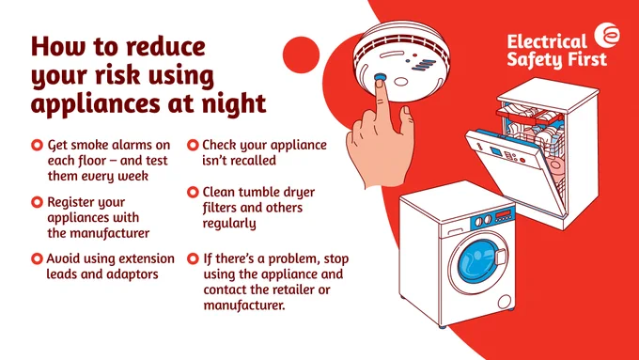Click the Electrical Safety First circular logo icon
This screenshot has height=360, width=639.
pos(607,35)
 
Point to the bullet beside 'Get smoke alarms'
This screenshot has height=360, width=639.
pos(37,145)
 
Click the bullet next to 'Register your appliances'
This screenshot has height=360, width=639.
pos(37,202)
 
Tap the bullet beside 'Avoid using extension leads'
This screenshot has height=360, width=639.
pos(37,258)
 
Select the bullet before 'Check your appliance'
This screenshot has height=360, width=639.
pos(193,145)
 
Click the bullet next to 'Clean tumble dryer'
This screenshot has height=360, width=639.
pos(193,192)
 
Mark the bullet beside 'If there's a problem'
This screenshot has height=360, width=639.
pos(193,258)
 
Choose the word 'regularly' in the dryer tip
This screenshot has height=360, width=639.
pos(229,224)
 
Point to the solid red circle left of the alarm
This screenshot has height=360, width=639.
pos(301,55)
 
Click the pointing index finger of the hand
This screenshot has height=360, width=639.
pos(382,102)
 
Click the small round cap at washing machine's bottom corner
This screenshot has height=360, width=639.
pos(504,302)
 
